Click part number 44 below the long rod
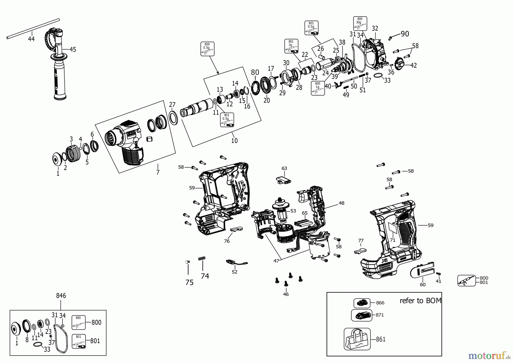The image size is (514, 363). tap(31, 39)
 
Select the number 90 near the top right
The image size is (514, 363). tap(405, 34)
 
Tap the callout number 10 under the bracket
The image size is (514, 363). tap(234, 140)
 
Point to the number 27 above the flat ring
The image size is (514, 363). tap(172, 105)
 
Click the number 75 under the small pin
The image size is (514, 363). tap(189, 283)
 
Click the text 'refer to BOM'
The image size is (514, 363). tap(420, 301)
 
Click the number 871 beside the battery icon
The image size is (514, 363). tap(380, 315)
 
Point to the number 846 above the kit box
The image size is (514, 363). tap(61, 296)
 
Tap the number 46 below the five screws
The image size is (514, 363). tap(286, 294)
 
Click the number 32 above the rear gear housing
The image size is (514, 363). tap(375, 28)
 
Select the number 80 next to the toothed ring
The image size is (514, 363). tap(255, 72)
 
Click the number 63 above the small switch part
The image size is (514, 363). tap(284, 168)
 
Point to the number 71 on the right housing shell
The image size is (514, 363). tap(393, 240)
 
